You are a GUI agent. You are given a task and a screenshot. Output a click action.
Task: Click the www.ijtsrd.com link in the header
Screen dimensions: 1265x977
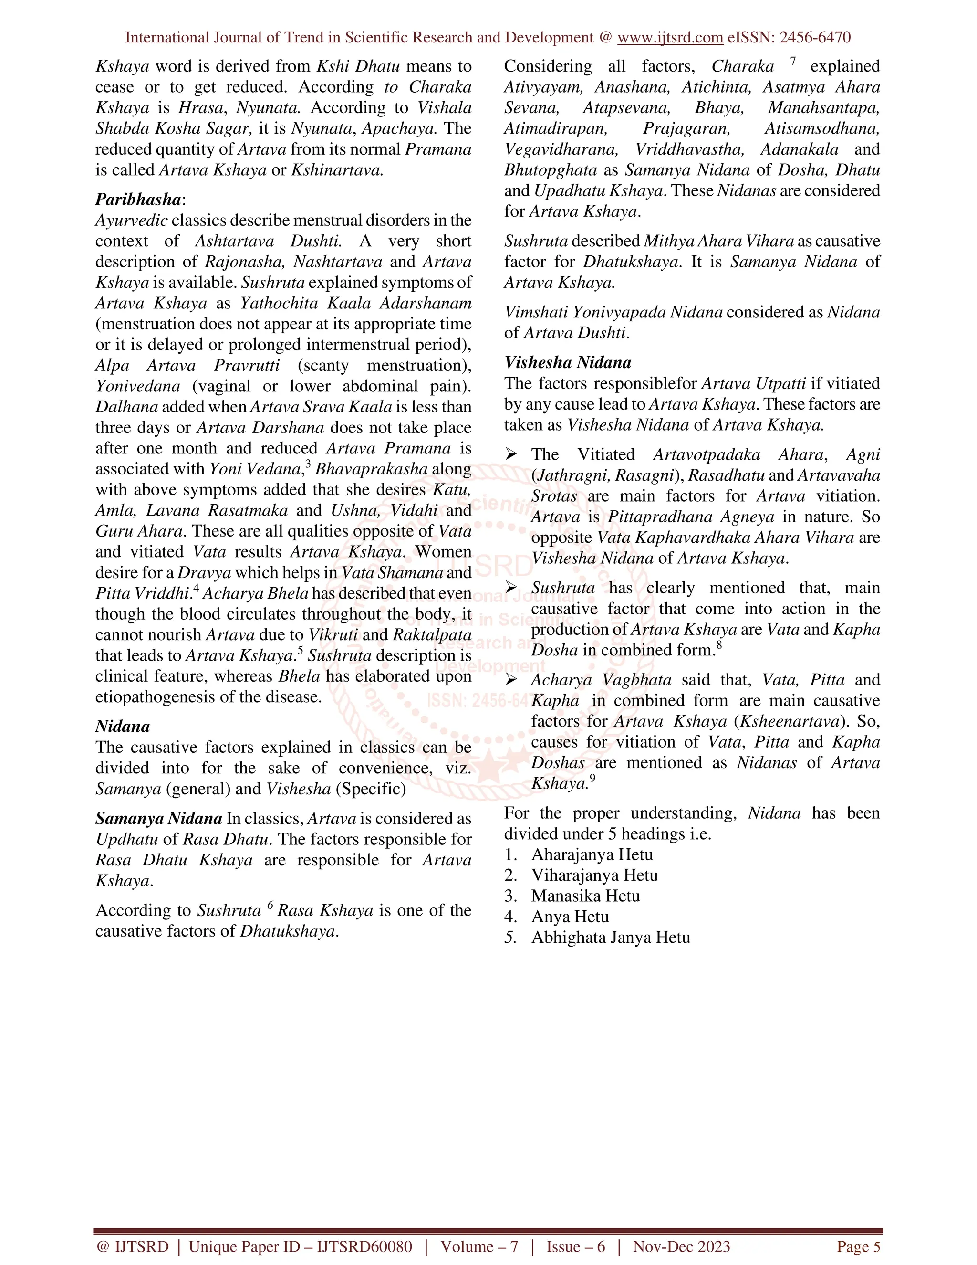pyautogui.click(x=670, y=38)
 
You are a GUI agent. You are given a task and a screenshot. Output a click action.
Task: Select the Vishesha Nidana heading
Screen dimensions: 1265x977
pyautogui.click(x=567, y=363)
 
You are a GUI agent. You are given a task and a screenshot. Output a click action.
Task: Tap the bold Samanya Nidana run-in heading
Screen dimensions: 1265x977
pyautogui.click(x=158, y=818)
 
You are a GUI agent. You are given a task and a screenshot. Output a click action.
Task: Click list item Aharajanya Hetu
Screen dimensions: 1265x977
pyautogui.click(x=592, y=854)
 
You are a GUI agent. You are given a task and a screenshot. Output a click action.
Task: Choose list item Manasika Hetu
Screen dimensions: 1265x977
pyautogui.click(x=585, y=896)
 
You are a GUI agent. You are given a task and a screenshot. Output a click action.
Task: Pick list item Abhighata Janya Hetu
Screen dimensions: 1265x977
pyautogui.click(x=610, y=937)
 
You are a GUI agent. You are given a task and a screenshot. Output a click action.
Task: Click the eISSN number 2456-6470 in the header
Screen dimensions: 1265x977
pyautogui.click(x=815, y=38)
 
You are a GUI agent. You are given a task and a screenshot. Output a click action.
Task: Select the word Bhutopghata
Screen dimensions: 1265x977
pyautogui.click(x=550, y=170)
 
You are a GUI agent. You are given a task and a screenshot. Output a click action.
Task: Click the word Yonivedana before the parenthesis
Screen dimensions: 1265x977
pyautogui.click(x=138, y=386)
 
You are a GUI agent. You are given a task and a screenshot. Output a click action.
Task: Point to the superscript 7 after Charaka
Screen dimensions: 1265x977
pyautogui.click(x=793, y=61)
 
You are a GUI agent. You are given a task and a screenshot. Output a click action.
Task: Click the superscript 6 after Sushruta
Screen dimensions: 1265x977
pyautogui.click(x=270, y=905)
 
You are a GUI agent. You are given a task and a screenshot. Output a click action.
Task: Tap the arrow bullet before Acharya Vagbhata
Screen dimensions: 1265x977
pyautogui.click(x=510, y=679)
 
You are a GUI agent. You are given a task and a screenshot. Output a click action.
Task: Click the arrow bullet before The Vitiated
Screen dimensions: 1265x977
pyautogui.click(x=510, y=454)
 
